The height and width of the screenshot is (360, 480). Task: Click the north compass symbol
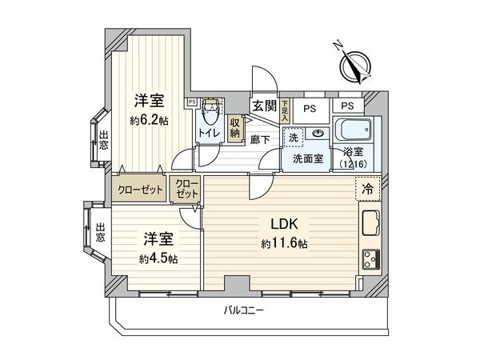tap(352, 66)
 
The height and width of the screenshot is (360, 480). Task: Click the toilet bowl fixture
tap(210, 111)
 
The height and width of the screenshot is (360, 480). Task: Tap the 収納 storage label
tap(235, 129)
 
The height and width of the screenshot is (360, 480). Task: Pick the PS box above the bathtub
tap(348, 106)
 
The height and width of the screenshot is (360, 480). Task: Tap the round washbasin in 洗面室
tap(318, 134)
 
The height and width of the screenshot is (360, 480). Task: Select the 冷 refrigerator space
tap(368, 190)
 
